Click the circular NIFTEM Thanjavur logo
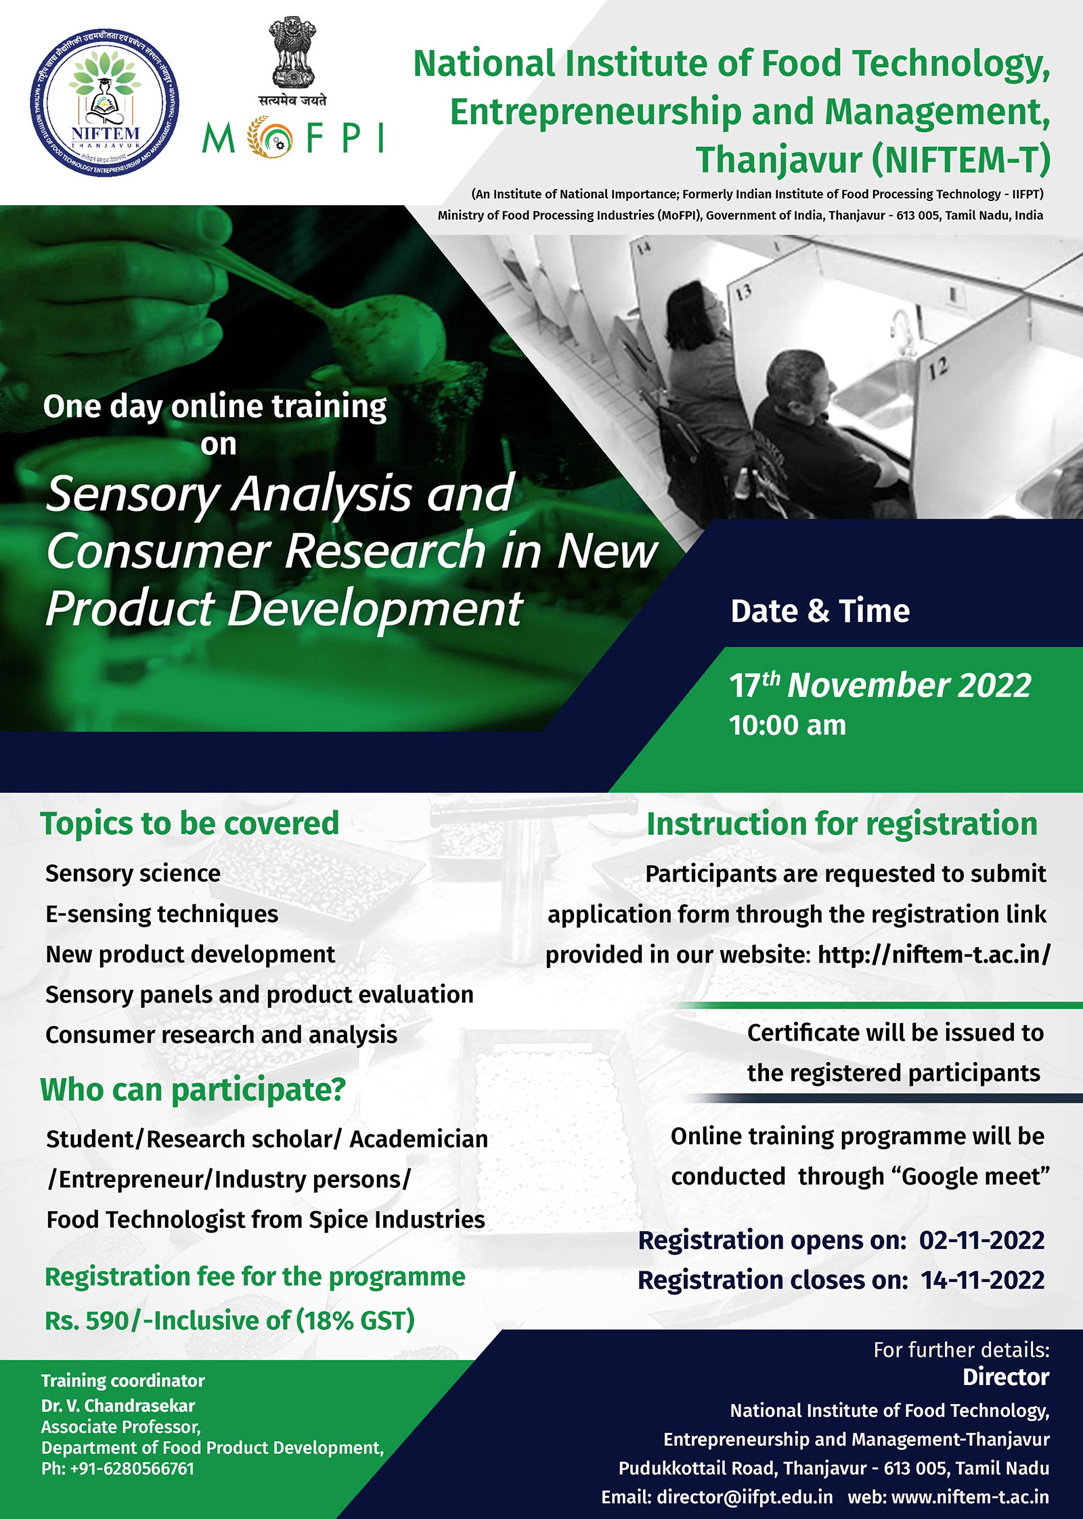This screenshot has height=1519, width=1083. (104, 103)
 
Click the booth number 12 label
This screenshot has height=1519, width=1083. (937, 368)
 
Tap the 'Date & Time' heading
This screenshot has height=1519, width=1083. (820, 611)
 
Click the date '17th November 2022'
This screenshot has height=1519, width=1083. (880, 685)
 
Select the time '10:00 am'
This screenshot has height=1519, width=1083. (787, 726)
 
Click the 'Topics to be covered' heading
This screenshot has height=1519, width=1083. (190, 824)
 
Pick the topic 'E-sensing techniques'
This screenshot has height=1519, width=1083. (162, 915)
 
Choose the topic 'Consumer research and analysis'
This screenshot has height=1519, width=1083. (221, 1035)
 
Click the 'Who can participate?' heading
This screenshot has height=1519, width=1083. (193, 1091)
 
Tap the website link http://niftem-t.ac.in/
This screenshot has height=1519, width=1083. (934, 954)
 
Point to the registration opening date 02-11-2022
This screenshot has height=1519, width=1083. (981, 1240)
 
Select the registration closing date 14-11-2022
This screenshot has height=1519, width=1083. (983, 1280)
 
